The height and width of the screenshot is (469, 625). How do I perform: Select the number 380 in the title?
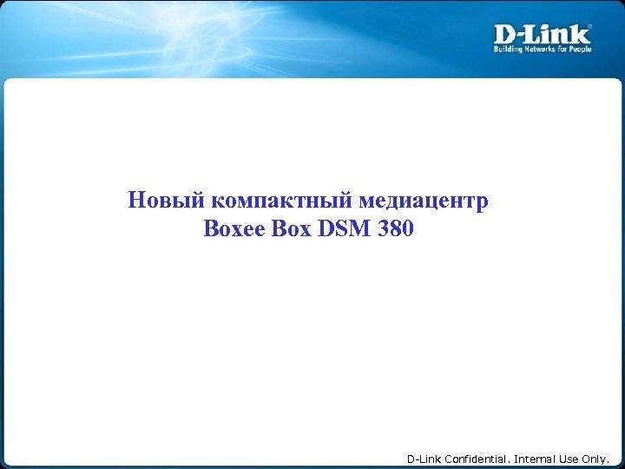391,230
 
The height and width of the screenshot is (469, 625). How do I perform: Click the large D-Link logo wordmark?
543,34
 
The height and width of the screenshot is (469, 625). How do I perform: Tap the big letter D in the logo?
505,34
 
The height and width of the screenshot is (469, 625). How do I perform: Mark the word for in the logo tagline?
565,50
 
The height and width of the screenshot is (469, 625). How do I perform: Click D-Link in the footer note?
424,459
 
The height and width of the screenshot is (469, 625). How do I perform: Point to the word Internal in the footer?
536,459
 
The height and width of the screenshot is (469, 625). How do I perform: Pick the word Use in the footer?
569,459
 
